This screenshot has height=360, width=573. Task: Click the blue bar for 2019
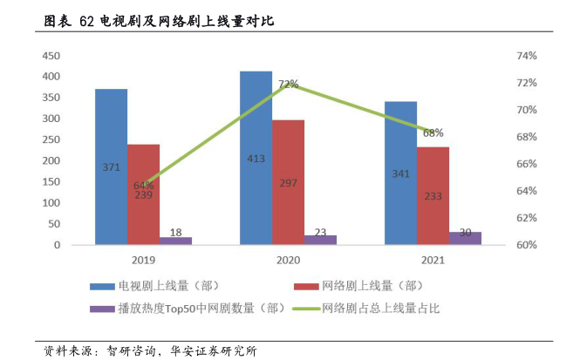[111, 166]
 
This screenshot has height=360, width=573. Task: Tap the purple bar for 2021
[465, 238]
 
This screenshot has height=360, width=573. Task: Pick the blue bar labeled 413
[256, 157]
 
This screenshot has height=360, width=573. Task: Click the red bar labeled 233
[433, 196]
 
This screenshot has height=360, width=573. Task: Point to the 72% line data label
[288, 85]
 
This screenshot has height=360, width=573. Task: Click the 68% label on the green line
[433, 133]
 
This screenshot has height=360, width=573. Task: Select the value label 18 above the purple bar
[175, 231]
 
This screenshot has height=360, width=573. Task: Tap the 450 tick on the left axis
[51, 56]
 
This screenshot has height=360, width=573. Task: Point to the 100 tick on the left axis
[51, 203]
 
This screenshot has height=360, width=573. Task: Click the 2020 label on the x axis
[287, 260]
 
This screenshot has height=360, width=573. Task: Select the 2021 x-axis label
[433, 260]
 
